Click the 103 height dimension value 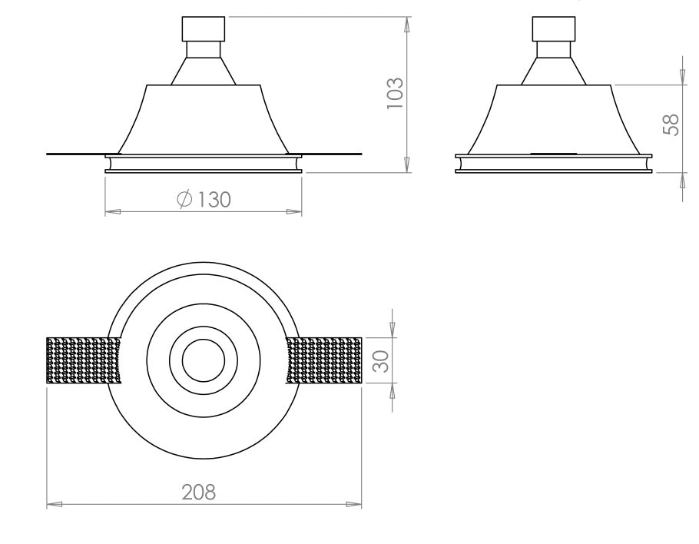coord(395,93)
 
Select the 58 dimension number coord(671,124)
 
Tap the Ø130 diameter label coord(204,199)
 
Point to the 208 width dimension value coord(199,492)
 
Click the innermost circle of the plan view coord(204,360)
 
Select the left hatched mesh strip coord(84,360)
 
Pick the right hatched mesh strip coord(323,360)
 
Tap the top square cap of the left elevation coord(204,28)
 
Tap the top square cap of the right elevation coord(554,28)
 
